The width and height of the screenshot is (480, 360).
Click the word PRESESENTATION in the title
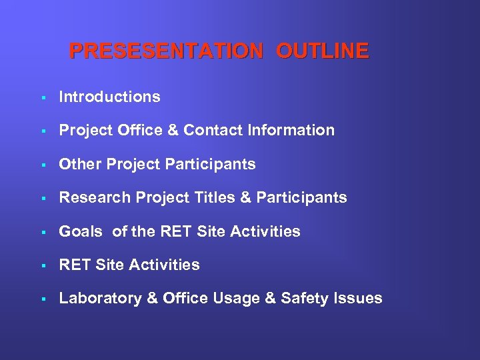coord(166,51)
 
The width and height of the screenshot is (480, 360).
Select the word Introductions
coord(109,97)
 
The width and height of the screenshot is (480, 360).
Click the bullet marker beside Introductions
coord(42,97)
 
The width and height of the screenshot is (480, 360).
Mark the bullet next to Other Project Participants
coord(42,165)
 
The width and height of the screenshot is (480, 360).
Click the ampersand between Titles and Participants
coord(245,197)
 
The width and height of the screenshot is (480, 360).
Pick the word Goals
coord(81,231)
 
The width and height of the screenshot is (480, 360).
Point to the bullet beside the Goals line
coord(42,232)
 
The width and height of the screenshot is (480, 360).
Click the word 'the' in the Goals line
coord(144,231)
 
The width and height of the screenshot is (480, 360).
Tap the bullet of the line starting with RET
coord(42,265)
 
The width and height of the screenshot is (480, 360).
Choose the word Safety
coord(304,298)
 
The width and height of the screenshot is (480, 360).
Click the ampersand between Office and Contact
coord(175,130)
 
